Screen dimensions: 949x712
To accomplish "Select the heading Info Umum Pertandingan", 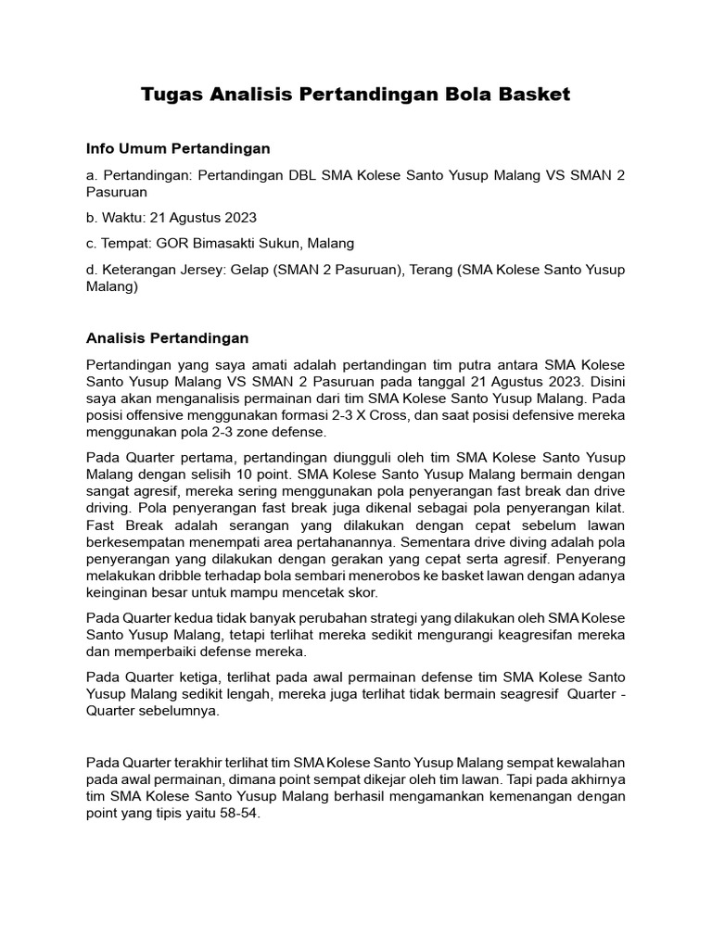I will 177,148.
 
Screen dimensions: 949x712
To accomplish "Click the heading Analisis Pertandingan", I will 167,338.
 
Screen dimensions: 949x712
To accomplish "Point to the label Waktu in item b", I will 122,218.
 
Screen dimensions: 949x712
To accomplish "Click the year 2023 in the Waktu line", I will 239,218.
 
